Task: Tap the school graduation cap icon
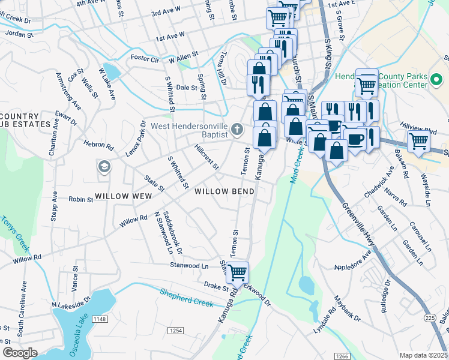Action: pos(104,166)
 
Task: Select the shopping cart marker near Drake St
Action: pos(238,272)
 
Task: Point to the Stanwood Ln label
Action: pos(189,265)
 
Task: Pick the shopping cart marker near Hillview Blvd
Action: pos(418,142)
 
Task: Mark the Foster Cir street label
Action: pos(147,59)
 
